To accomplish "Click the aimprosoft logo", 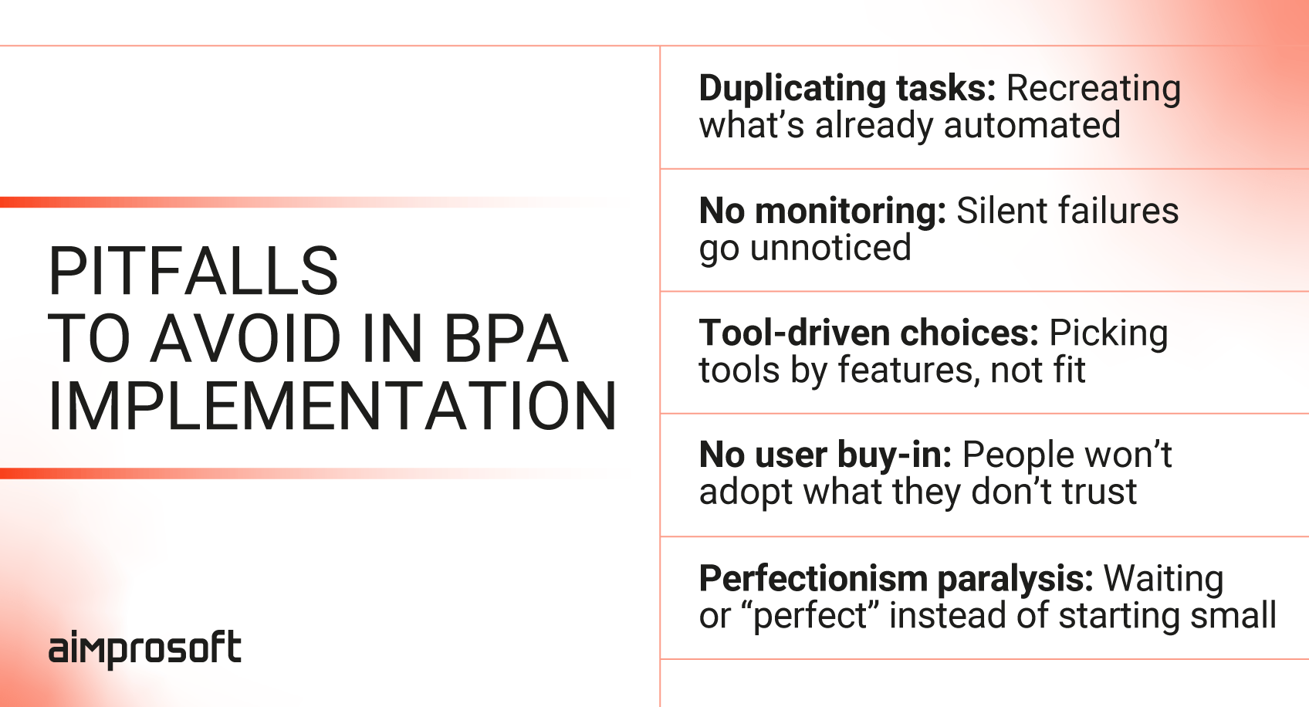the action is point(144,648).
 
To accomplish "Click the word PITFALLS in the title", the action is point(194,271).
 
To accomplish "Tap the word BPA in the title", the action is point(506,338).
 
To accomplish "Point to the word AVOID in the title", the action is point(246,338).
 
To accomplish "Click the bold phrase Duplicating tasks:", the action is point(847,88).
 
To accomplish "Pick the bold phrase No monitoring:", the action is point(822,211).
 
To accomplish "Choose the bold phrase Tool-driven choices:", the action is point(869,333).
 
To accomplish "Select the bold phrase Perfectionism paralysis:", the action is point(896,579).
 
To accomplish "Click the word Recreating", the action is point(1094,90).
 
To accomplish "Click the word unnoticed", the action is point(830,248).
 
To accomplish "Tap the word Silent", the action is point(1000,211).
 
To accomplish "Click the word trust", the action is point(1099,492).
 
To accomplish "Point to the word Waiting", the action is point(1163,580).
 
